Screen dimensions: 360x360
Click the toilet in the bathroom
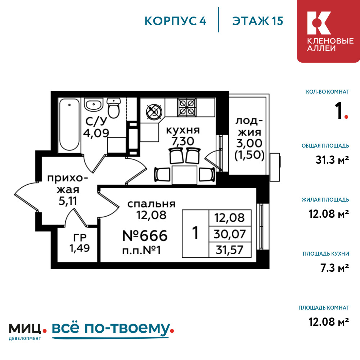click(x=114, y=108)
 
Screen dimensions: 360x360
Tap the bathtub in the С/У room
click(x=69, y=125)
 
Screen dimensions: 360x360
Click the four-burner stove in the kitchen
click(x=186, y=107)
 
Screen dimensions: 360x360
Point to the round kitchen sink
click(x=154, y=112)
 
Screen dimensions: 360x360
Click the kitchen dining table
click(x=184, y=175)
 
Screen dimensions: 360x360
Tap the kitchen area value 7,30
click(x=183, y=141)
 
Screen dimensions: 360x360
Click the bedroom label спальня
click(x=151, y=204)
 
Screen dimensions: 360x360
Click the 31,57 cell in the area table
click(x=230, y=249)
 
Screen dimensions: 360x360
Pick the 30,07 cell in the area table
click(x=230, y=234)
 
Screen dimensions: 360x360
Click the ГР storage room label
click(x=80, y=237)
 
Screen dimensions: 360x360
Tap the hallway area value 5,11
click(x=68, y=201)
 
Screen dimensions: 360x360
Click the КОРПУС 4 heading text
click(x=175, y=21)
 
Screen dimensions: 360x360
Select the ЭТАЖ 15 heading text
click(x=258, y=21)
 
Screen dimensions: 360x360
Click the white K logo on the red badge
click(x=319, y=23)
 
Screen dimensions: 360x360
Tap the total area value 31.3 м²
click(x=332, y=160)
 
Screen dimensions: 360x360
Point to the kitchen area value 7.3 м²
click(x=335, y=268)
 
